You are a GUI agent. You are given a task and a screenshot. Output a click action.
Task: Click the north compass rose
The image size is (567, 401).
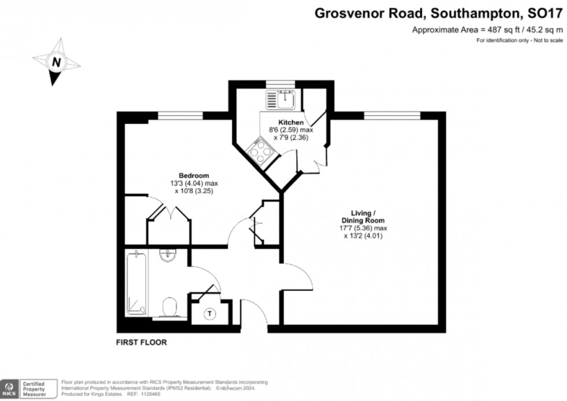tap(56, 61)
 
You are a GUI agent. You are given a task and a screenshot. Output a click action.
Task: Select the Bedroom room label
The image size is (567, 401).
tap(193, 176)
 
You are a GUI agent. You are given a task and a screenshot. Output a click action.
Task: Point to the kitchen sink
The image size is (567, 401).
tap(281, 100)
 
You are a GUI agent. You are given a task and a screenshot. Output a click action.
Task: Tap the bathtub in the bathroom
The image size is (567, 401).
tap(137, 283)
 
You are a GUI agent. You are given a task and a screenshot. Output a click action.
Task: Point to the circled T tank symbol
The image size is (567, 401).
tap(210, 314)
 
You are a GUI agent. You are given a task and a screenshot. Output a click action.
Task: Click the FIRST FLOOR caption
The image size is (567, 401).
tap(142, 343)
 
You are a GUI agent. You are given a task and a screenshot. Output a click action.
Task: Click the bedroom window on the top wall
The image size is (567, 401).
tap(180, 116)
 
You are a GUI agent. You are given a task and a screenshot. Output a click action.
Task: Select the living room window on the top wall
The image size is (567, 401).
tap(392, 116)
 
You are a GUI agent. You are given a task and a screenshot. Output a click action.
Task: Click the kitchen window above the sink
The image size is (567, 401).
tap(280, 84)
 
